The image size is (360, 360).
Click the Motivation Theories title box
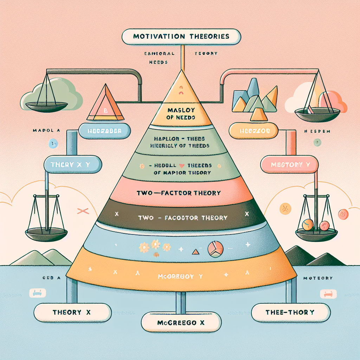click(x=181, y=36)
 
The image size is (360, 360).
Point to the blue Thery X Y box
click(x=72, y=164)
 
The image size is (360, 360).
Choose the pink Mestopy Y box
click(x=289, y=164)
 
